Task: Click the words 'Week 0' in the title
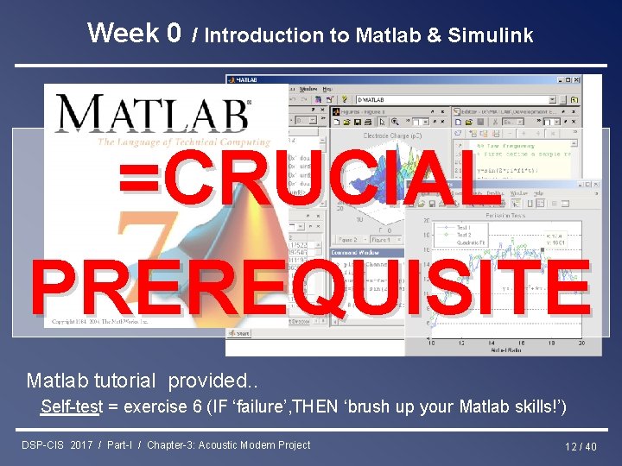click(x=134, y=33)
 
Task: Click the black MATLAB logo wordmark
click(x=152, y=114)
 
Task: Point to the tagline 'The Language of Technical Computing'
click(x=183, y=142)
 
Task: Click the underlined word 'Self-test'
click(x=71, y=406)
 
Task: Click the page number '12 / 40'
click(x=581, y=446)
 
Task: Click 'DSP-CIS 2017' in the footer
click(x=57, y=445)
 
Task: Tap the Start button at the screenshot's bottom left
click(x=239, y=332)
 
